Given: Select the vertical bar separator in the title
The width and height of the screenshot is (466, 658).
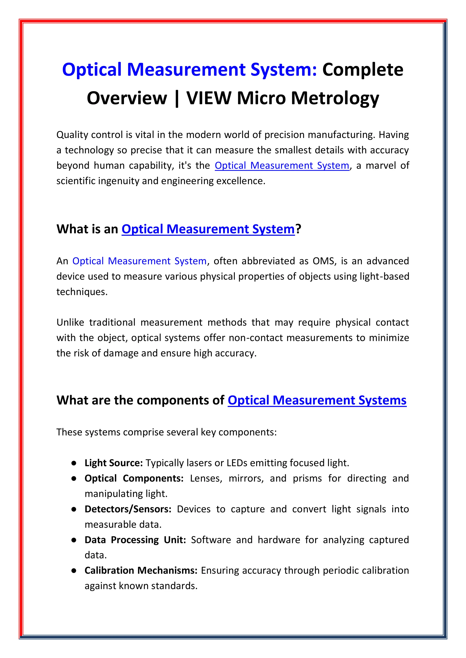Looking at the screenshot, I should pyautogui.click(x=177, y=98).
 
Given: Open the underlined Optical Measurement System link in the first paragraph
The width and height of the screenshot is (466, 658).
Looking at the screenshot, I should pyautogui.click(x=282, y=166).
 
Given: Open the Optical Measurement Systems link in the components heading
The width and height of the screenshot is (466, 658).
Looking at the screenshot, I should pyautogui.click(x=317, y=400).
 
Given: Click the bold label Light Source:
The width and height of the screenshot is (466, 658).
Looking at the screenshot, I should pyautogui.click(x=114, y=463).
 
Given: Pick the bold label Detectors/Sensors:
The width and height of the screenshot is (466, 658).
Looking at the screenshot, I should pyautogui.click(x=128, y=509).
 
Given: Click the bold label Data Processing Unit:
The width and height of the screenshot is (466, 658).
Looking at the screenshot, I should pyautogui.click(x=135, y=540).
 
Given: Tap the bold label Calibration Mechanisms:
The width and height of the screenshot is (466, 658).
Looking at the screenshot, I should pyautogui.click(x=141, y=570).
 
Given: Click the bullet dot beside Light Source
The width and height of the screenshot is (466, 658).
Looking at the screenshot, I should pyautogui.click(x=74, y=463).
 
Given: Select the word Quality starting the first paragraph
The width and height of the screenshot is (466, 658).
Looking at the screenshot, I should pyautogui.click(x=72, y=135).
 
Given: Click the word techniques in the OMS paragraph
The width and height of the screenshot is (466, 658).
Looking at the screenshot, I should pyautogui.click(x=82, y=292).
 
